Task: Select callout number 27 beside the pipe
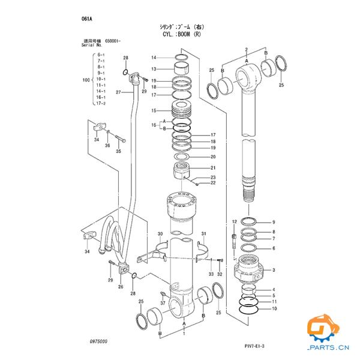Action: (118, 92)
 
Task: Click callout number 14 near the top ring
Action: (154, 58)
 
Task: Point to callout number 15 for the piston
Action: (154, 111)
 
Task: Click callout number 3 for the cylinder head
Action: (274, 270)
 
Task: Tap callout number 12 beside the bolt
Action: (234, 222)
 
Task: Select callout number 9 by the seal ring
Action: (274, 222)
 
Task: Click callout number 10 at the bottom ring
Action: (274, 308)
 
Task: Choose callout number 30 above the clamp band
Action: (160, 233)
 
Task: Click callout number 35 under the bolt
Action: (118, 151)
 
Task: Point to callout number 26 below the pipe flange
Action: (121, 287)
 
